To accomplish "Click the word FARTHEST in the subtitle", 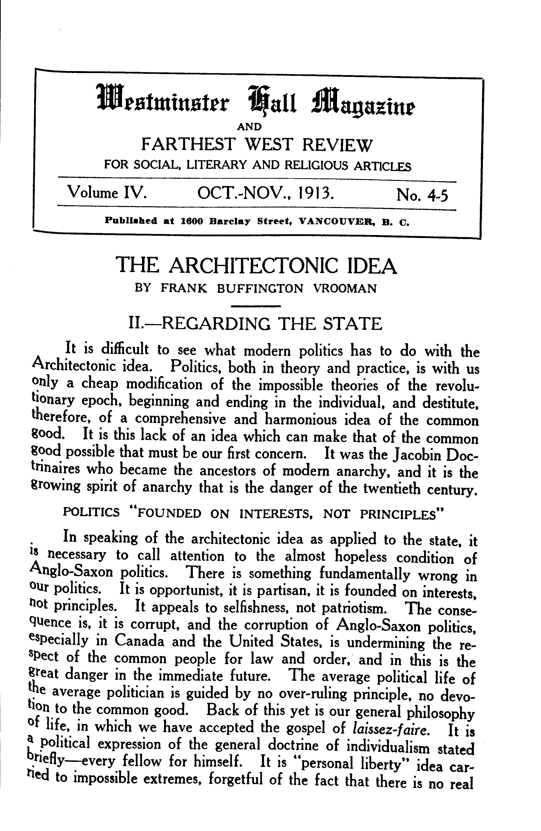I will pos(189,145).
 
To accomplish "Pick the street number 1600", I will pos(192,221).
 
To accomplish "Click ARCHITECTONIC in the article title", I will pos(254,266).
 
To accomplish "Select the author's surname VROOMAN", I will pos(345,288).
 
